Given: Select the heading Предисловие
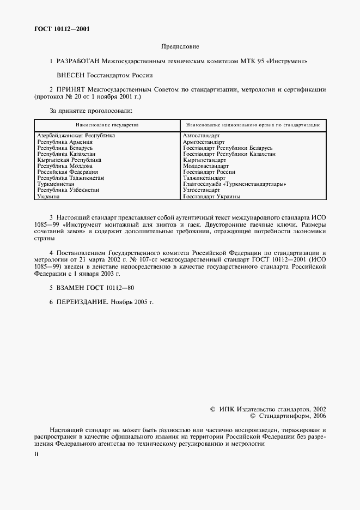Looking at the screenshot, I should click(x=180, y=47).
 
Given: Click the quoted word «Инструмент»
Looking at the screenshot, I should click(x=286, y=62).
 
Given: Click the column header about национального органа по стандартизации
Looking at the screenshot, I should click(x=253, y=125).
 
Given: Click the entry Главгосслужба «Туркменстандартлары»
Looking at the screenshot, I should click(x=235, y=184).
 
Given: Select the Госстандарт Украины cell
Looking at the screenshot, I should click(x=211, y=196).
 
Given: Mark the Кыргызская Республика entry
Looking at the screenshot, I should click(x=69, y=160).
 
